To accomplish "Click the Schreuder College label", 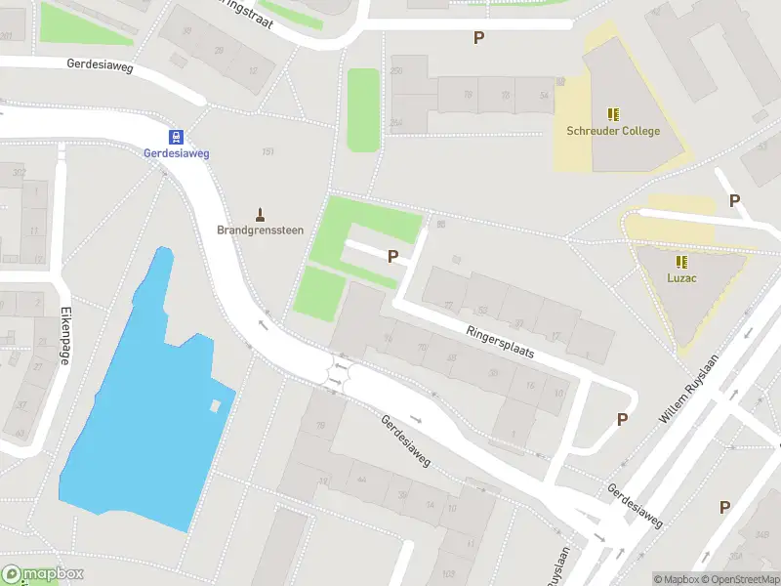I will tap(613, 131).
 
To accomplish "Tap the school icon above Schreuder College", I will tap(613, 114).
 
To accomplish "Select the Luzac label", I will tap(681, 278).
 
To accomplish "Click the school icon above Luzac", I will tap(681, 262).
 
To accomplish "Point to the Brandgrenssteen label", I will tap(261, 230).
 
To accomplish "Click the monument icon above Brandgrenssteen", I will tap(261, 214).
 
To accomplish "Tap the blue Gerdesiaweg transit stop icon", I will tap(177, 137).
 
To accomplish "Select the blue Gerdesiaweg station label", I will tap(177, 153).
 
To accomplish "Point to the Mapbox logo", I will tap(43, 574).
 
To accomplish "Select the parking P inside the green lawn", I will tap(393, 256).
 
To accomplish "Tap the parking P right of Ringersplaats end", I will tap(621, 419).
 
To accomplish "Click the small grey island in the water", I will tap(215, 405).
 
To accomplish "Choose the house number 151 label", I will tap(267, 151).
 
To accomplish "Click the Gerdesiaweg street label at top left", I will tap(100, 66).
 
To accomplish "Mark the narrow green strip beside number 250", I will tap(363, 109).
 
